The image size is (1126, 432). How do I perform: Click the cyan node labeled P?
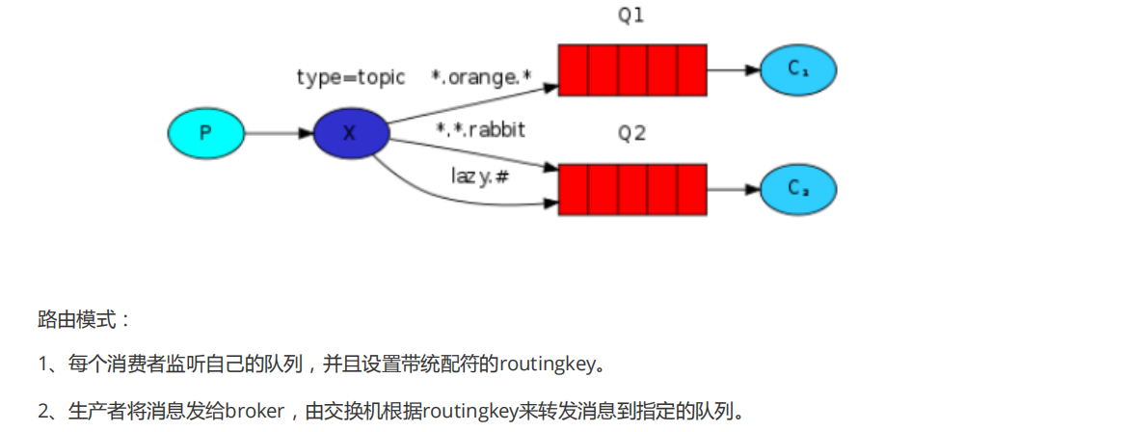pos(205,132)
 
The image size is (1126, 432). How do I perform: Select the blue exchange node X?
pos(351,132)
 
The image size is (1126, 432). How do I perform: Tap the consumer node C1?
pos(797,69)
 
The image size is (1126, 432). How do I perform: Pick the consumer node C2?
pos(797,189)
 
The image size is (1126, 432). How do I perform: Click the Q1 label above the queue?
pos(631,17)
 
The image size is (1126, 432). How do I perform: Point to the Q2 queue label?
pos(631,134)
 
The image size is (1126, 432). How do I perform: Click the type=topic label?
pos(351,77)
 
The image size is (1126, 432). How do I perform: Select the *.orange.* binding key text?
pos(481,77)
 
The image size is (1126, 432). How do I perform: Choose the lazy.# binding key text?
pos(479,176)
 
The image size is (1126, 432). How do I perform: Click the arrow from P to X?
pos(279,132)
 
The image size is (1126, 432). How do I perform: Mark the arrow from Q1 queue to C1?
pos(733,69)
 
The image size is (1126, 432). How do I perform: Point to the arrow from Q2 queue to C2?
pos(733,189)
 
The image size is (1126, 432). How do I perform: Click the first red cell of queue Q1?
pos(574,69)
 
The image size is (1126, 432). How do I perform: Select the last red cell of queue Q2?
pos(692,189)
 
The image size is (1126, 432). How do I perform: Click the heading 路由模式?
pos(82,317)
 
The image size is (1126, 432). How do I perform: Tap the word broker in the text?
pos(254,412)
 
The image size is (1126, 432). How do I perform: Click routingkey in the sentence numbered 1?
pos(546,364)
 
